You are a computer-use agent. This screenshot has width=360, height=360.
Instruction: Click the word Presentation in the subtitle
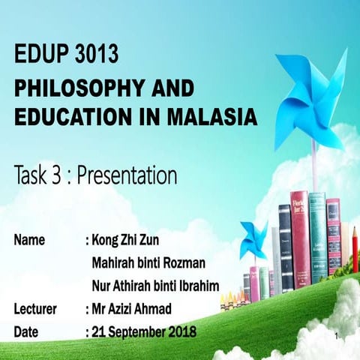(127, 176)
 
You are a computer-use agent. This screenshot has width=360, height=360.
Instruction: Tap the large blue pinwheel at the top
(310, 94)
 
